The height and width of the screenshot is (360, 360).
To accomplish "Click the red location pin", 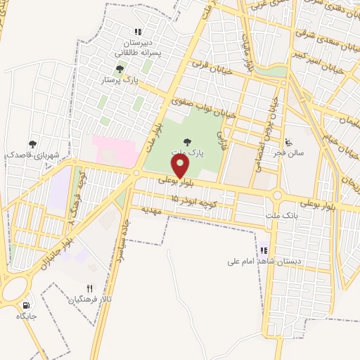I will [181, 166].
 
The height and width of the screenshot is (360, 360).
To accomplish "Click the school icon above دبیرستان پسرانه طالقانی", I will [138, 32].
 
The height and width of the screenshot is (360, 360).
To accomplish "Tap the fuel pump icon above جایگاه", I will [27, 306].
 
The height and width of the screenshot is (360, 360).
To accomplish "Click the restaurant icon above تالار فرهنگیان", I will [89, 288].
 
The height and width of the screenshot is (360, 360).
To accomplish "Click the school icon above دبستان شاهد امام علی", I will [264, 250].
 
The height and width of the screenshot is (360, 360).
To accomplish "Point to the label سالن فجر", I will [290, 152].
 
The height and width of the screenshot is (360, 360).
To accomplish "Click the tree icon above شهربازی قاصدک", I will [31, 143].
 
